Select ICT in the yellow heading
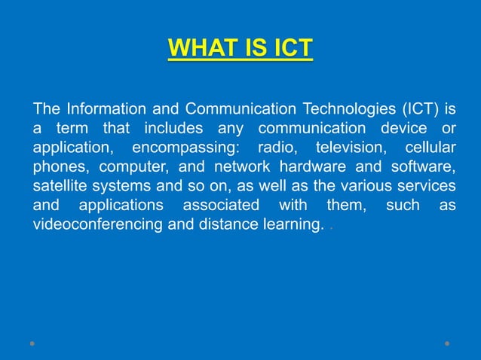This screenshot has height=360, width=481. (287, 48)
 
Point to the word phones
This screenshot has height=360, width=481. (59, 166)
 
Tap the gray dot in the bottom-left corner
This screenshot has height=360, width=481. (32, 343)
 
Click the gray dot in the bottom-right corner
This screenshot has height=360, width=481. (447, 343)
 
